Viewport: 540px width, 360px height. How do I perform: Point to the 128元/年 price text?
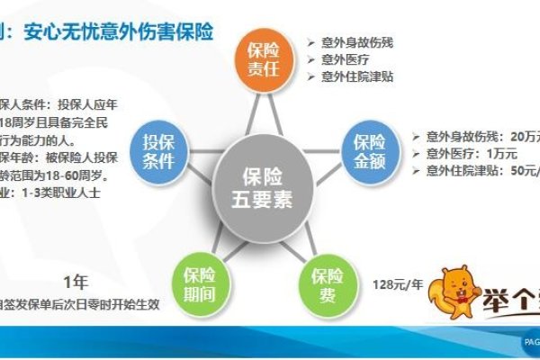[397, 284]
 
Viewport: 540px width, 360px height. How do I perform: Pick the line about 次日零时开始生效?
[80, 304]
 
